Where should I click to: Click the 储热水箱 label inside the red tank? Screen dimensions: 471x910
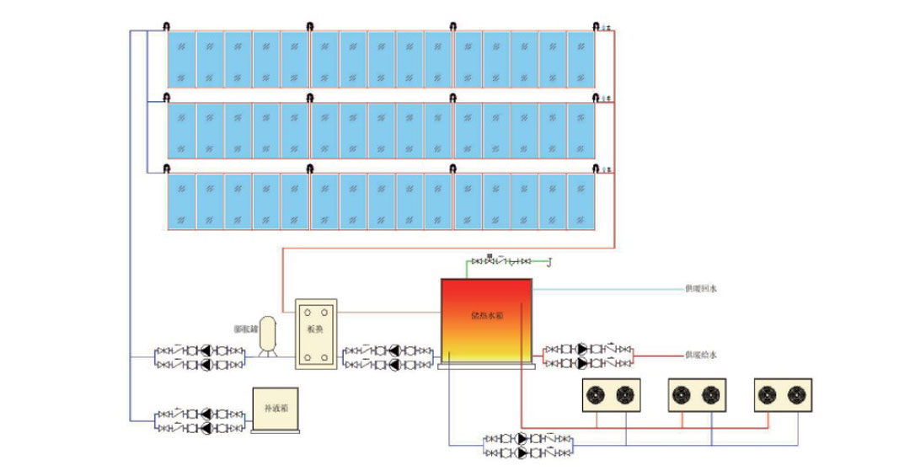[485, 318]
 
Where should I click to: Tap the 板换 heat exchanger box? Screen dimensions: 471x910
[316, 335]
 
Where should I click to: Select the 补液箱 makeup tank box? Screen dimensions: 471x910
[276, 409]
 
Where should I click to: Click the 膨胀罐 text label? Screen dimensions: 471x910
[245, 329]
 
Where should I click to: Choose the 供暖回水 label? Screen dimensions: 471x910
[700, 289]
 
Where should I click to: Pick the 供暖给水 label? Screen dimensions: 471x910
[700, 355]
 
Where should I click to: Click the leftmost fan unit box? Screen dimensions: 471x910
[611, 395]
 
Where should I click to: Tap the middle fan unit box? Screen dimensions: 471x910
[698, 395]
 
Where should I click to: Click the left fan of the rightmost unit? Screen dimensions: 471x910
[768, 395]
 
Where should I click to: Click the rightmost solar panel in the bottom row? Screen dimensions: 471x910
[581, 201]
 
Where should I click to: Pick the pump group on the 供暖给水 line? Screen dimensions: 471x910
[588, 355]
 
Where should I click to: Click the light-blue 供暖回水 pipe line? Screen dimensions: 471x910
[607, 289]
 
